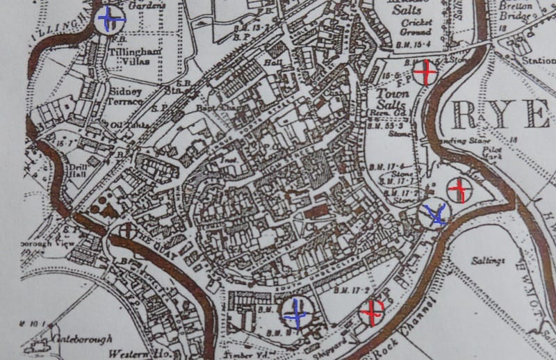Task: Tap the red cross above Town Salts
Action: [x=425, y=72]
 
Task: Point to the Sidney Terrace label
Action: [x=125, y=97]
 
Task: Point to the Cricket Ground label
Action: [x=416, y=26]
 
